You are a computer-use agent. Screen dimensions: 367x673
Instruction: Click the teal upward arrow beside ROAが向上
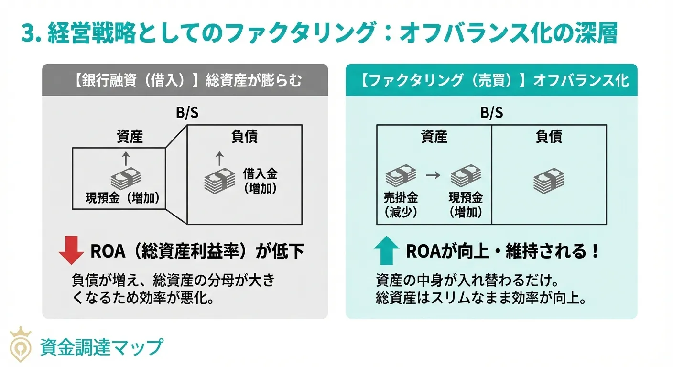[386, 252]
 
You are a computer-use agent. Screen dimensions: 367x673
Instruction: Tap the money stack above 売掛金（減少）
[401, 175]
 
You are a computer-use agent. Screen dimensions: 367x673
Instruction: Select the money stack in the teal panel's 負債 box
[549, 180]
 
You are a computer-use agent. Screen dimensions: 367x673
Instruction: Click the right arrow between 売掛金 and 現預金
[433, 175]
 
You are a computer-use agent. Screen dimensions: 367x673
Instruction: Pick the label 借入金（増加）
[260, 181]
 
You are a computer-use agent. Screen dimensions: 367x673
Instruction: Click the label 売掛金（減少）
[401, 205]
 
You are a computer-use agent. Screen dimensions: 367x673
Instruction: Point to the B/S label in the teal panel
[491, 114]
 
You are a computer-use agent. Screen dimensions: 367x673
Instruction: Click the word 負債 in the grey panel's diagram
[244, 137]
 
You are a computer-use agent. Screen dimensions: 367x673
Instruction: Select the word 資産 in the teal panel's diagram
[434, 137]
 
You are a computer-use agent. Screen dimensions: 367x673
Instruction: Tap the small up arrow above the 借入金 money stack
[219, 158]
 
